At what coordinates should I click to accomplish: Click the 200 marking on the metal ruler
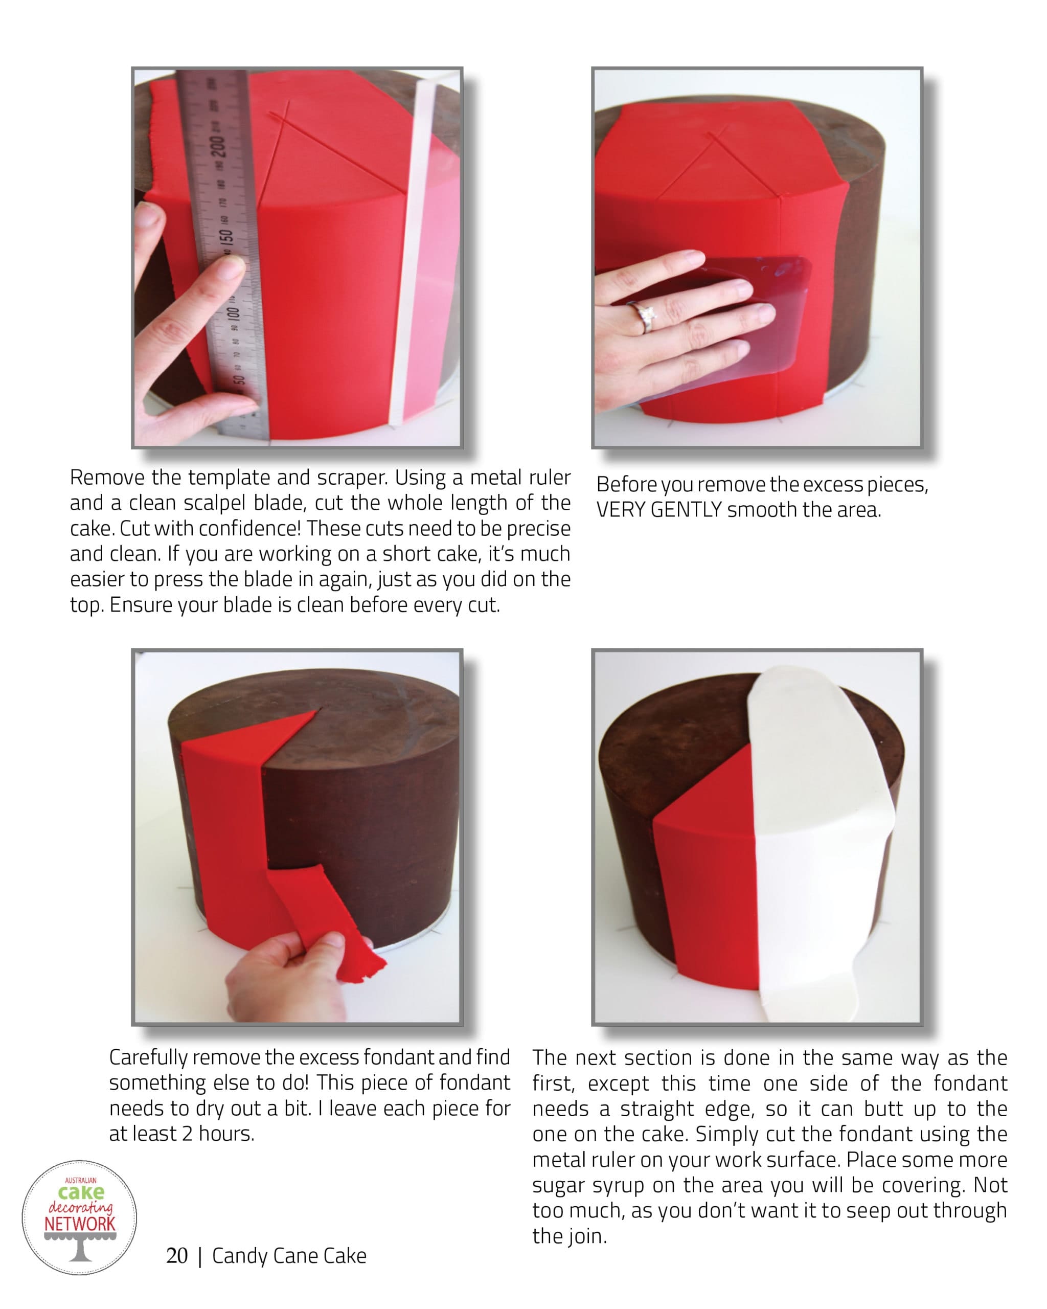point(217,146)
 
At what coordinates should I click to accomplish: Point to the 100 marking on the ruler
point(233,314)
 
